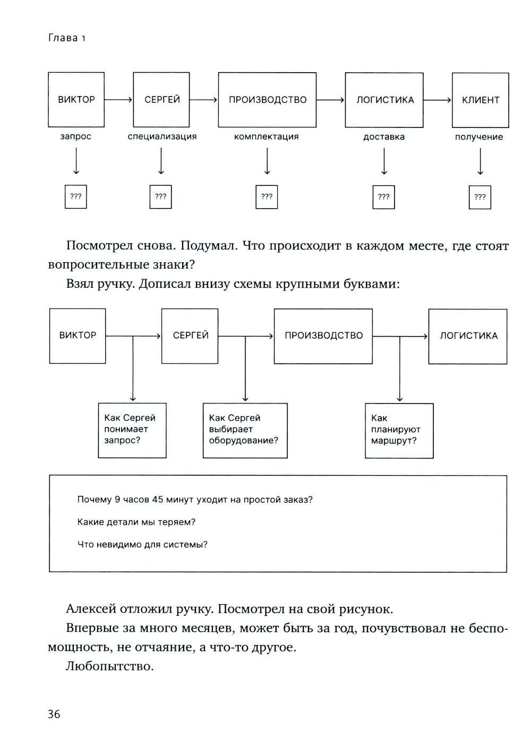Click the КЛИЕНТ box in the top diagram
click(480, 100)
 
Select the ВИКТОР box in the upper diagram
click(76, 100)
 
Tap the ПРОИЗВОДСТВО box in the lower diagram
click(323, 336)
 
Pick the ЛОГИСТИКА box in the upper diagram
click(384, 100)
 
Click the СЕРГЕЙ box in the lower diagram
click(190, 336)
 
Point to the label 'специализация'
click(162, 136)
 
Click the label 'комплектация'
click(267, 136)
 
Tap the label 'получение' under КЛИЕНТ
click(479, 137)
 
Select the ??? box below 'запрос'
click(76, 196)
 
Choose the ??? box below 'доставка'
click(384, 197)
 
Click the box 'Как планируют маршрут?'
click(399, 430)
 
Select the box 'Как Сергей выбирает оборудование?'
click(245, 430)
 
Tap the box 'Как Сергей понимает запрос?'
click(132, 430)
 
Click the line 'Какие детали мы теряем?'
click(136, 522)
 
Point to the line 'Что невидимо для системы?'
click(142, 544)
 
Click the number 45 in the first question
click(157, 500)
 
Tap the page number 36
click(54, 714)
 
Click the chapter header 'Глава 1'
click(67, 38)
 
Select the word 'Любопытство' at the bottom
click(110, 666)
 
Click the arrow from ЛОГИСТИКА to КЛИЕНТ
click(438, 100)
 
